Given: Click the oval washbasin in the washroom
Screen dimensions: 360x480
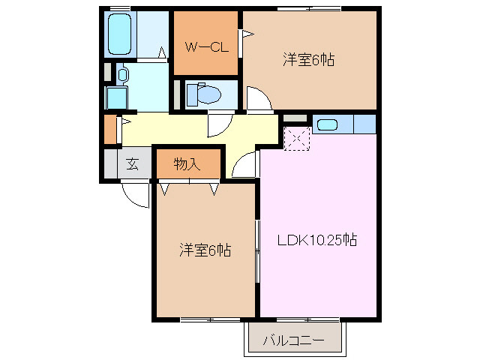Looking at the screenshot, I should pos(124,74).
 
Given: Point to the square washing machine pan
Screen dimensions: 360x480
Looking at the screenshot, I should pos(116,97).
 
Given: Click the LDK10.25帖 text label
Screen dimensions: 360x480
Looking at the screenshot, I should pos(316,241).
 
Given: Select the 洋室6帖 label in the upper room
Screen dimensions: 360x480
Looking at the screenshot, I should pos(307,60).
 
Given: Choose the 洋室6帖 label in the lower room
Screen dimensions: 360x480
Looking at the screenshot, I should pos(204,250).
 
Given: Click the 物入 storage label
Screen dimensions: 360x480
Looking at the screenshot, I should pos(187,164).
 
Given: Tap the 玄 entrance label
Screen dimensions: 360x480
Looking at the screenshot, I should pos(132,165).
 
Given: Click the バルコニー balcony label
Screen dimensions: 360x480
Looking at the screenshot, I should pos(293,342).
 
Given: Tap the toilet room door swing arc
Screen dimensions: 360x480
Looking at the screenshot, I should pos(220,124).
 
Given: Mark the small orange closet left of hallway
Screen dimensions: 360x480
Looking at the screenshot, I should pos(111,130).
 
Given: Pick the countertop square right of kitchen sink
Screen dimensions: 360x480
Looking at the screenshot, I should pos(364,124).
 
